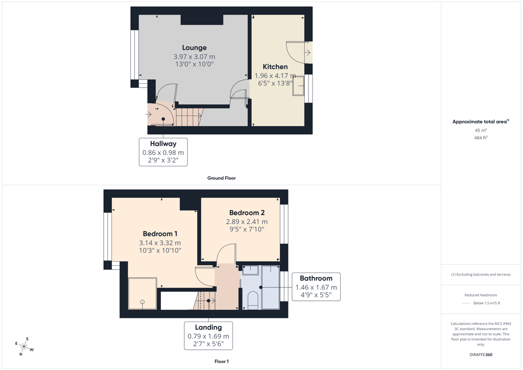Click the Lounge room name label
[x=194, y=48]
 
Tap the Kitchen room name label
[x=275, y=67]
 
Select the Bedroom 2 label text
[x=247, y=213]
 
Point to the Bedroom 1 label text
[x=160, y=234]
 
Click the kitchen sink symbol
[x=298, y=86]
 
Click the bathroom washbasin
[x=250, y=270]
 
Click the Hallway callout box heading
[x=163, y=144]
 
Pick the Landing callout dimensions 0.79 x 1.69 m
[x=208, y=336]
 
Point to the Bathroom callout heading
[x=316, y=278]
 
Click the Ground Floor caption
[x=222, y=178]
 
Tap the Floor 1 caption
[x=222, y=361]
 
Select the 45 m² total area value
[x=481, y=130]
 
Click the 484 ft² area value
[x=481, y=137]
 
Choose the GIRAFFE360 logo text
[x=481, y=355]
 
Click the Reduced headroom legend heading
[x=481, y=295]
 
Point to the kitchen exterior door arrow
[x=307, y=52]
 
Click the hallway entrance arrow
[x=149, y=114]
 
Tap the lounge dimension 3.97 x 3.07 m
[x=194, y=57]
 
